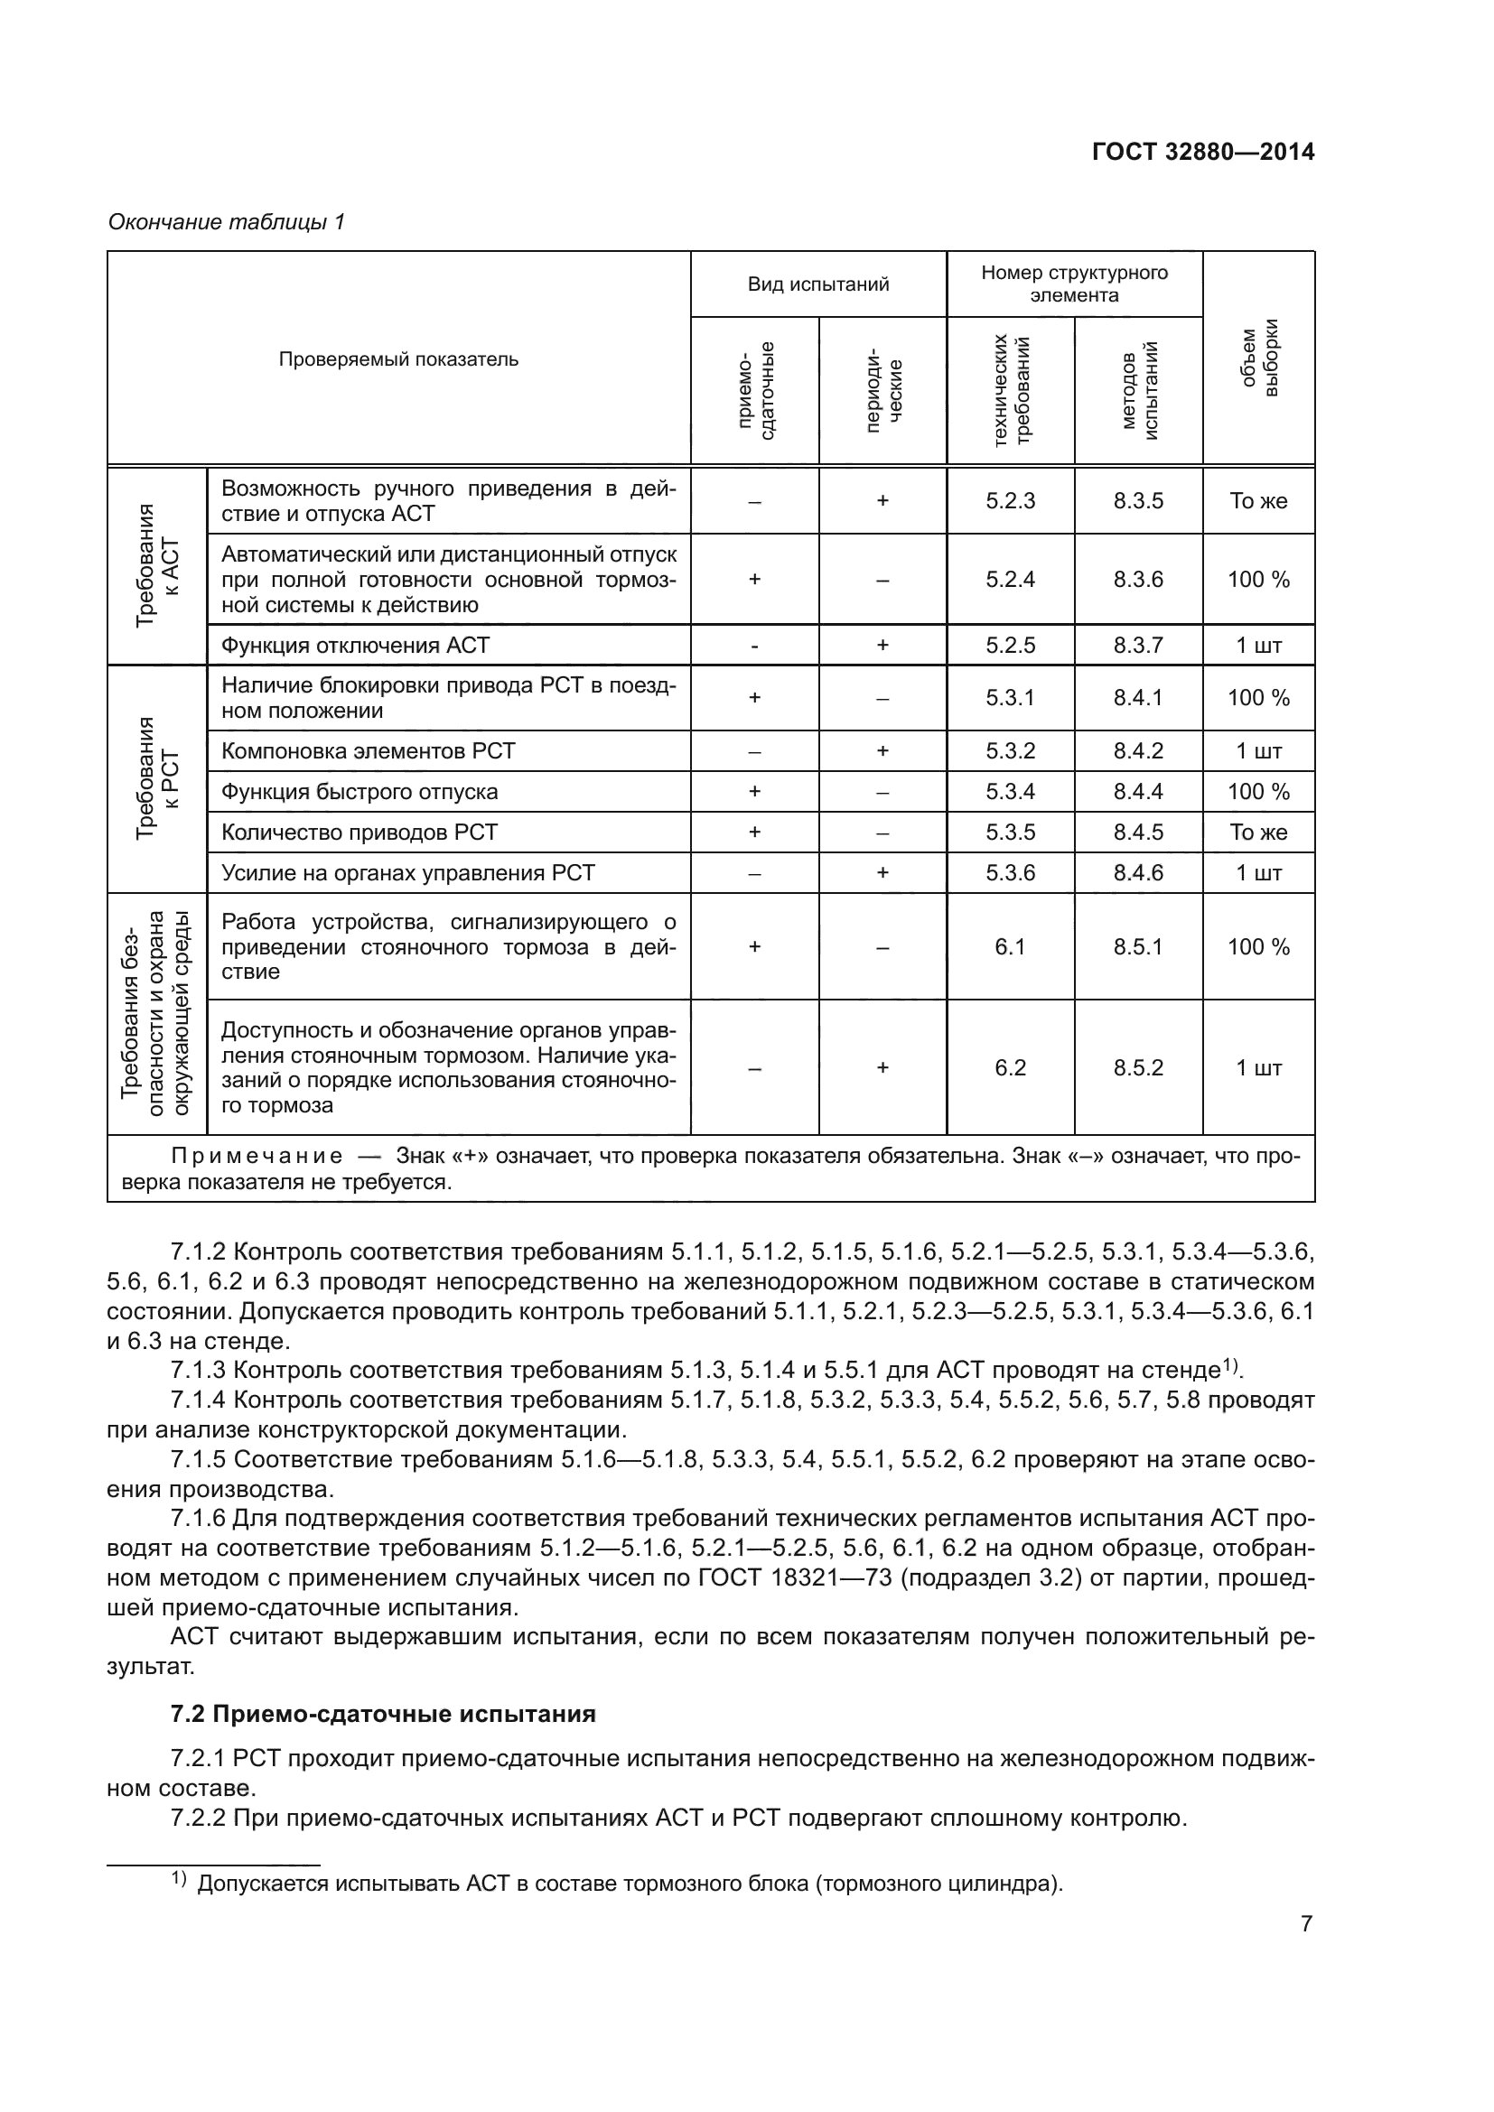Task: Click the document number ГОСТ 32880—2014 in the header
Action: click(x=1202, y=152)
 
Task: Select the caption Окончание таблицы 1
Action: click(x=227, y=222)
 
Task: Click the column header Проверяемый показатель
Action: click(x=398, y=359)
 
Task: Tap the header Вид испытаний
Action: click(x=817, y=284)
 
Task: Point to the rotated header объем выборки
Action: click(x=1258, y=358)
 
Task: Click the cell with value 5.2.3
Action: click(x=1010, y=501)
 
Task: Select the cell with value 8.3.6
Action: click(x=1138, y=580)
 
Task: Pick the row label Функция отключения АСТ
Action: click(x=355, y=646)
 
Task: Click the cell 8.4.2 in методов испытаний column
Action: click(x=1138, y=751)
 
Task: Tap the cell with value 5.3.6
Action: click(x=1010, y=873)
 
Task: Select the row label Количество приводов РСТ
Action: click(x=359, y=833)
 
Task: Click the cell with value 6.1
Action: click(x=1010, y=946)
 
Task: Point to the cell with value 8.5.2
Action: click(x=1138, y=1068)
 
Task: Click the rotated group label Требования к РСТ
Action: click(x=157, y=778)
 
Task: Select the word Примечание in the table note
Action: click(x=257, y=1157)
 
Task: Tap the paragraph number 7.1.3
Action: click(x=198, y=1371)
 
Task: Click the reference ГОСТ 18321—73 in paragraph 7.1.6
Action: click(x=795, y=1578)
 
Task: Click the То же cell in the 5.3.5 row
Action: click(x=1258, y=833)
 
